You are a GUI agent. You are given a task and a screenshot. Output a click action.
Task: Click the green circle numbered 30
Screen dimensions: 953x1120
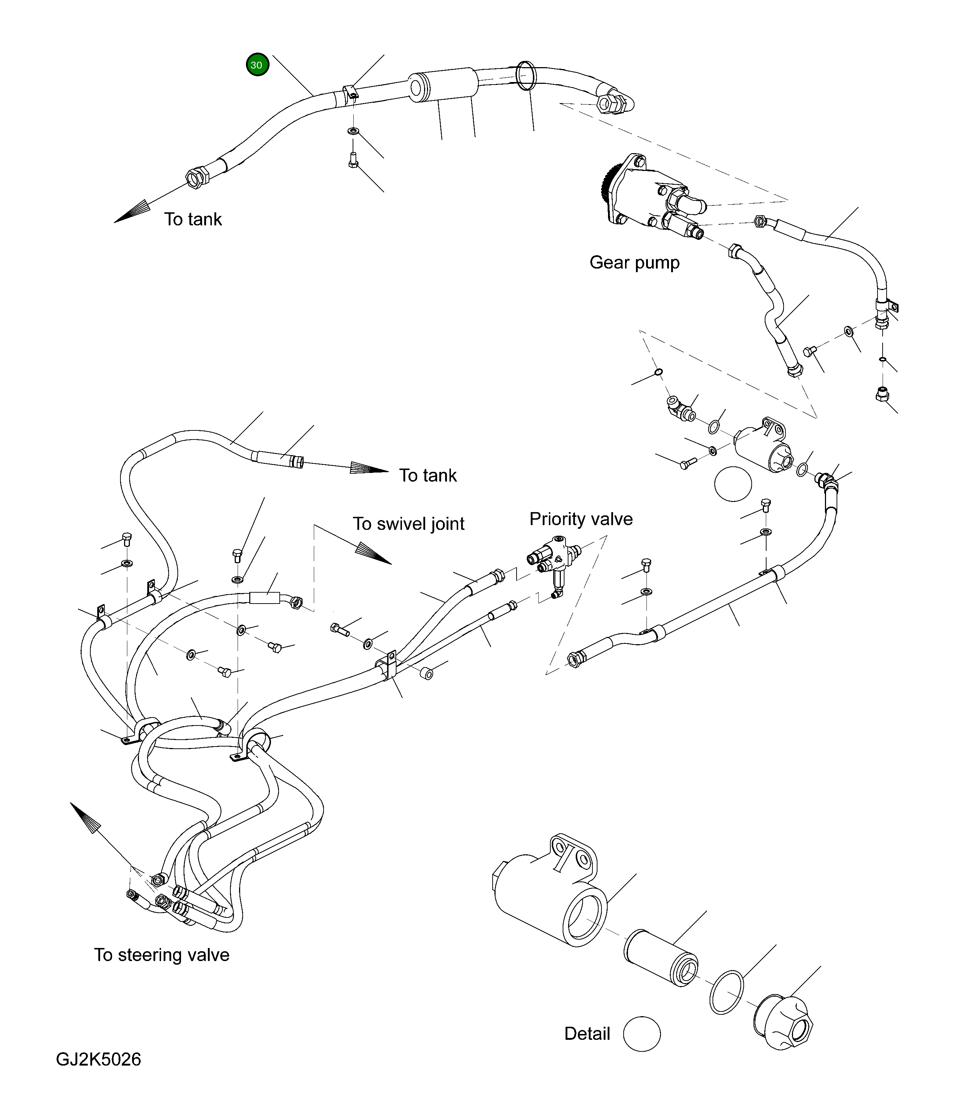pyautogui.click(x=257, y=65)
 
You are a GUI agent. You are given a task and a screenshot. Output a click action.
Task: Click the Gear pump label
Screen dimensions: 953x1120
pyautogui.click(x=634, y=263)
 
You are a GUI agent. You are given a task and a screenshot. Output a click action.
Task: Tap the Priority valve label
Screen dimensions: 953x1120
pyautogui.click(x=581, y=519)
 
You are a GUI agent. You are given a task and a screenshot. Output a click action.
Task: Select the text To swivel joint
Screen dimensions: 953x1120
pyautogui.click(x=408, y=524)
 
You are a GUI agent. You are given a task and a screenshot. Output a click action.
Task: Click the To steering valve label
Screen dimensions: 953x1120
pyautogui.click(x=161, y=955)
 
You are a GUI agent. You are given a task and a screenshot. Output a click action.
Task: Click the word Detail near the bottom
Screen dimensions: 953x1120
pyautogui.click(x=587, y=1034)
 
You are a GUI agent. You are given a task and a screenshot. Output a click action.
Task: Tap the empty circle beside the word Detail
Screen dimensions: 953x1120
pyautogui.click(x=642, y=1034)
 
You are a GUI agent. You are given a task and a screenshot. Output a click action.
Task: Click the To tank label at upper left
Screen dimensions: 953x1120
pyautogui.click(x=193, y=220)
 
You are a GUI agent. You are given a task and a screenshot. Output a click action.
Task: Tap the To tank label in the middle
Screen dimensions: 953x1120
pyautogui.click(x=428, y=476)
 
